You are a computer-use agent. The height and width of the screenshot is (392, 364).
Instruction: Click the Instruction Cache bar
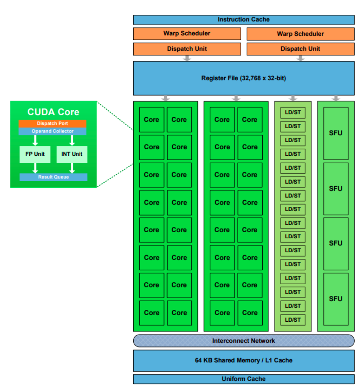(244, 20)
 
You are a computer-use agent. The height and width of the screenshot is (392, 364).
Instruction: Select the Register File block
(244, 78)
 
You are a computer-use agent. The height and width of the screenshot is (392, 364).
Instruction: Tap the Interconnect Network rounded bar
(244, 341)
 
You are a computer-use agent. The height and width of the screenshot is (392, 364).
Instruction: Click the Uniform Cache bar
(244, 379)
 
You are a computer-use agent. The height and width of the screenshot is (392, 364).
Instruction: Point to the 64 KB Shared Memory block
(244, 360)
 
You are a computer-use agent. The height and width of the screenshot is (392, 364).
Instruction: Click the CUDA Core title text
(53, 112)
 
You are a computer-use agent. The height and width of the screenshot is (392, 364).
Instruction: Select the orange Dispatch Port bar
(52, 123)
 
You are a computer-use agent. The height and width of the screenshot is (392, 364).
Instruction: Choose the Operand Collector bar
(52, 131)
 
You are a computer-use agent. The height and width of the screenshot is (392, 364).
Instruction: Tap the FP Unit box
(35, 154)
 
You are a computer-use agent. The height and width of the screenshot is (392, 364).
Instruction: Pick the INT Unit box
(72, 154)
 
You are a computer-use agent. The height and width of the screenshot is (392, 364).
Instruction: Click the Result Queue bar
(53, 177)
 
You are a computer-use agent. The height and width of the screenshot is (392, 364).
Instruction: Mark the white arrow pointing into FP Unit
(35, 140)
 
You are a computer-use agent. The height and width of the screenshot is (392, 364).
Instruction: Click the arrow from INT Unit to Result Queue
(72, 168)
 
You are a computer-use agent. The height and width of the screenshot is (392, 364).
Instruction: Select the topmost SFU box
(336, 133)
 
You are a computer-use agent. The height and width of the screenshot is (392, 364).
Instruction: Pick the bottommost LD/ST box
(293, 319)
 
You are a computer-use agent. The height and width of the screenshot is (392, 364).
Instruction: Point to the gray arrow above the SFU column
(336, 98)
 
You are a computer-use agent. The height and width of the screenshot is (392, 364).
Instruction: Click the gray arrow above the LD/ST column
(293, 98)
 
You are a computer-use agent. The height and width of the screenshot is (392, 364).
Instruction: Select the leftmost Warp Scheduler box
(187, 34)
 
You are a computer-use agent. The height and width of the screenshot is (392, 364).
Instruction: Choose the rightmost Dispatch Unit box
(300, 49)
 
